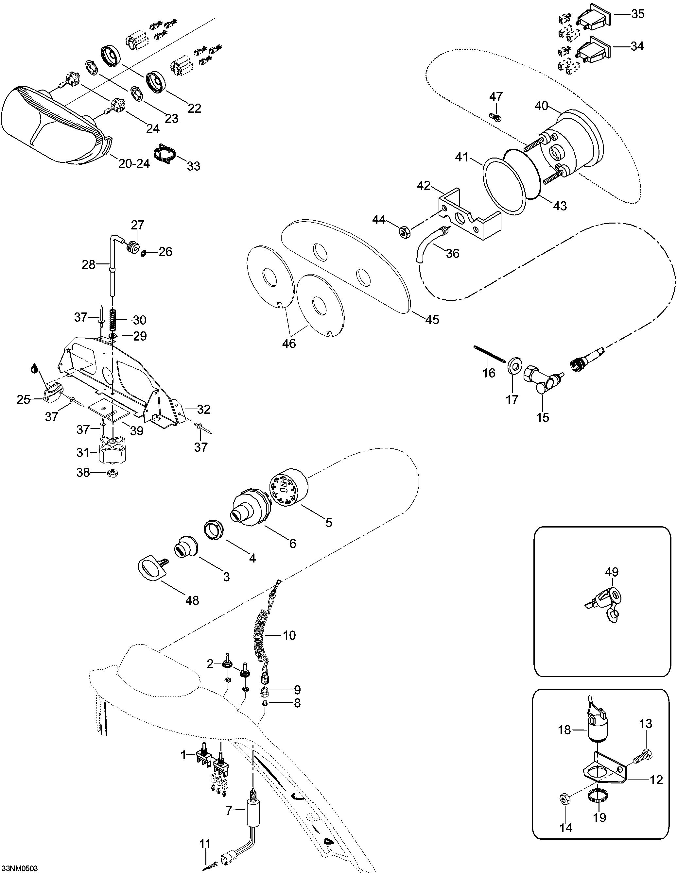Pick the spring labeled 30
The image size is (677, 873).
[x=113, y=319]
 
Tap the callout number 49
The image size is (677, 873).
[x=612, y=572]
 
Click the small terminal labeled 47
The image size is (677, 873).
[x=495, y=117]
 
